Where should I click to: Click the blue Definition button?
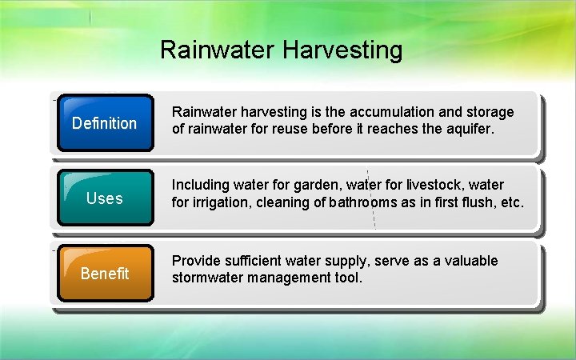(104, 123)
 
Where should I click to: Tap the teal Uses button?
(104, 198)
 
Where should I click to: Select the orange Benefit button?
(104, 274)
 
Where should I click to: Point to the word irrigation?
(219, 203)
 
